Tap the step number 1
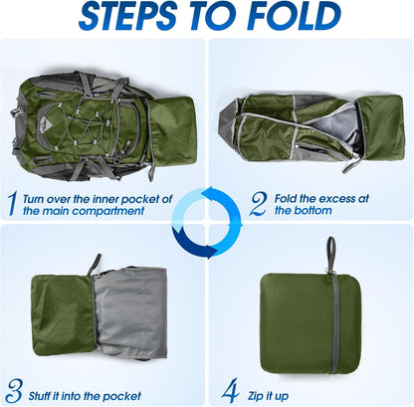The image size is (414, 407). click(x=11, y=204)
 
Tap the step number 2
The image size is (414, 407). click(x=258, y=204)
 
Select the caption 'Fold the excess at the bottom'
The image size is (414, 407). click(x=320, y=205)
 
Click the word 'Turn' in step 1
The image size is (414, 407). click(x=44, y=197)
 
